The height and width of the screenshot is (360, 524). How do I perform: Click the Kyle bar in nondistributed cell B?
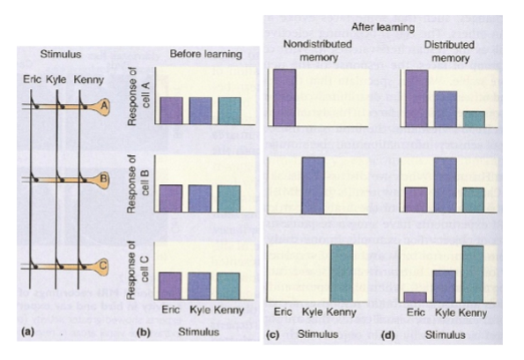click(313, 185)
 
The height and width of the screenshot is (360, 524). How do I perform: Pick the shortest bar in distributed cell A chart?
click(473, 119)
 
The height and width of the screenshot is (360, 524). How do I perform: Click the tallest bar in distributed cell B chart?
click(445, 185)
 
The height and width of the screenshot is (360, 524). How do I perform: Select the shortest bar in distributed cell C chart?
click(416, 296)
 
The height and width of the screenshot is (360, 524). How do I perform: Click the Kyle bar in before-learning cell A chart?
click(200, 110)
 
